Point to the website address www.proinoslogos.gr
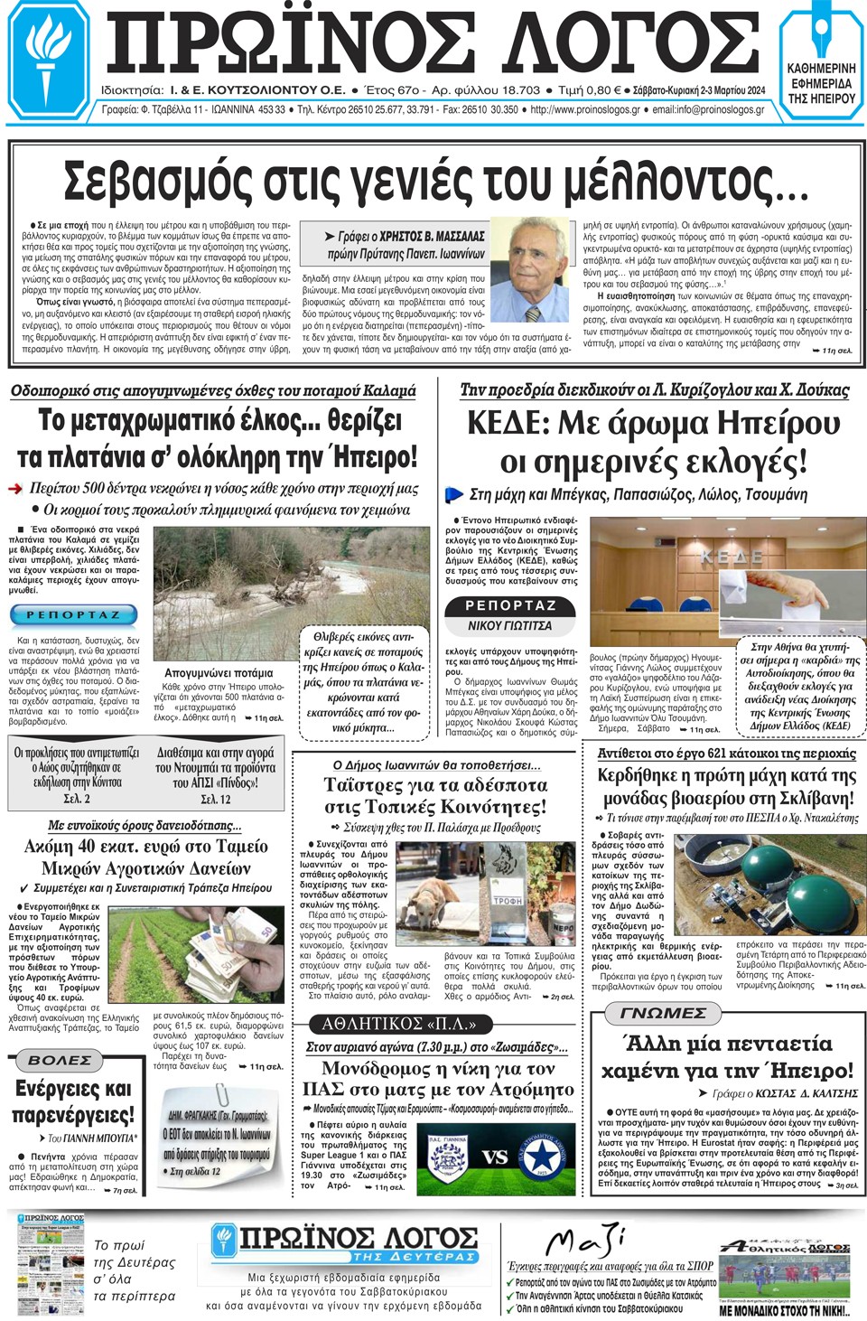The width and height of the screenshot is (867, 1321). tap(585, 110)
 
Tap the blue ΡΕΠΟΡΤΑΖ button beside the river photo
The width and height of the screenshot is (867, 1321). tap(73, 615)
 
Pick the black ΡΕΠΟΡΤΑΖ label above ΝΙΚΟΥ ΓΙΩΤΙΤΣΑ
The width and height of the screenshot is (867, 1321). tap(510, 606)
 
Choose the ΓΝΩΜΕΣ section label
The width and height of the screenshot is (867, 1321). tap(664, 1014)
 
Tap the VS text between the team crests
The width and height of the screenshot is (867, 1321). tap(494, 1157)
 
